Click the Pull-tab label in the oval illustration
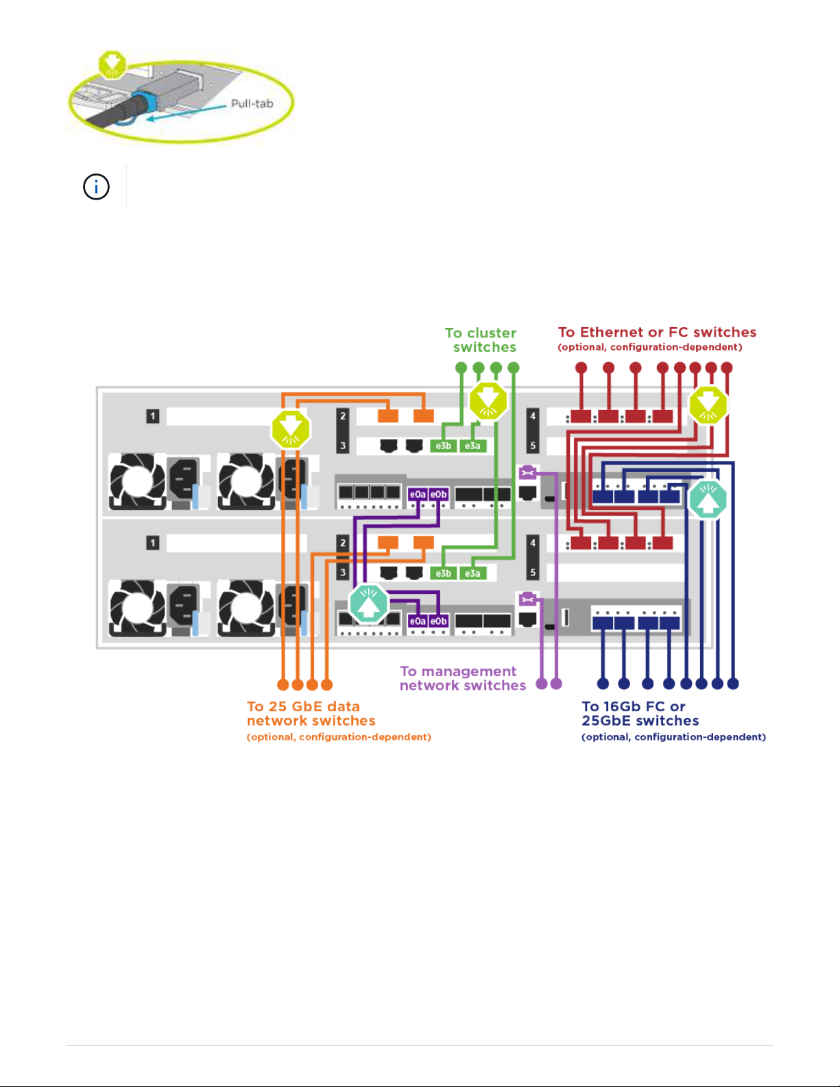[x=252, y=104]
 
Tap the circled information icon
[x=96, y=187]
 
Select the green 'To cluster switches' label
[x=481, y=339]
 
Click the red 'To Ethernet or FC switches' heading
[x=657, y=333]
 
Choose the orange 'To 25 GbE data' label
[x=304, y=706]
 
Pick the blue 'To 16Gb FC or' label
[x=634, y=706]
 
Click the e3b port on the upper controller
[x=444, y=446]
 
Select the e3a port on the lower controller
[x=472, y=573]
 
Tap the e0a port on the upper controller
[x=418, y=494]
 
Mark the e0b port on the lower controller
[x=439, y=621]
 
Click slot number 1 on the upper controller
[x=153, y=416]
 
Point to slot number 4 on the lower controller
[x=533, y=542]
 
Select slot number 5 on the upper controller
[x=533, y=446]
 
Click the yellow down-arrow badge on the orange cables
[x=291, y=429]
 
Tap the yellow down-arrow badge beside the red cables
[x=708, y=405]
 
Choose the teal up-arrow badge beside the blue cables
[x=708, y=500]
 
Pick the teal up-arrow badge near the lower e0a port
[x=369, y=604]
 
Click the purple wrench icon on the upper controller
[x=527, y=472]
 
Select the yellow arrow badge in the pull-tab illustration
[x=111, y=64]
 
